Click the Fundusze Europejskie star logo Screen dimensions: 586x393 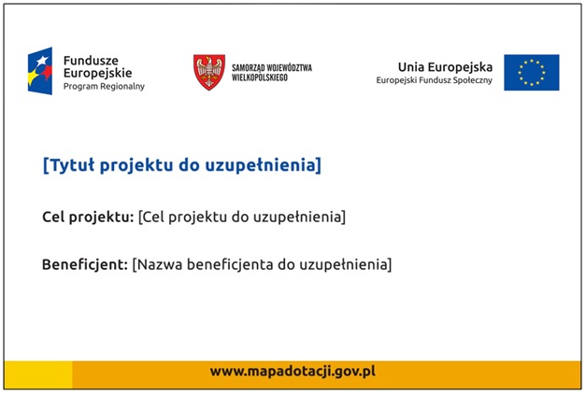pos(40,71)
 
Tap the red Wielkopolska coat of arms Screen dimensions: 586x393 pos(209,72)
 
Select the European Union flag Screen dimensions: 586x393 pos(532,73)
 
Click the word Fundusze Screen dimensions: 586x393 pos(91,61)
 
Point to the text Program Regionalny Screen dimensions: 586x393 pos(104,87)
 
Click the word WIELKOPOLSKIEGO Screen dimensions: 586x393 pos(260,77)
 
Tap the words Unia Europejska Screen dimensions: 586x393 pos(445,67)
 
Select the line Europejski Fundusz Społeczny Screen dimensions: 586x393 pos(435,80)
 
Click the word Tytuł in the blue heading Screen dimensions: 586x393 pos(72,165)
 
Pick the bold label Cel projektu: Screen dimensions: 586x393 pos(88,217)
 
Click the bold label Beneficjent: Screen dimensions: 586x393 pos(85,264)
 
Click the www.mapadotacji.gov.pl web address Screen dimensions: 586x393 pos(293,372)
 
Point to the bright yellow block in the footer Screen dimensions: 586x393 pos(38,374)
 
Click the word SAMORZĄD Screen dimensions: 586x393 pos(249,68)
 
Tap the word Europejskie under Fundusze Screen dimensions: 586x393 pos(97,73)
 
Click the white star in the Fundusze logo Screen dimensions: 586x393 pos(42,60)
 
